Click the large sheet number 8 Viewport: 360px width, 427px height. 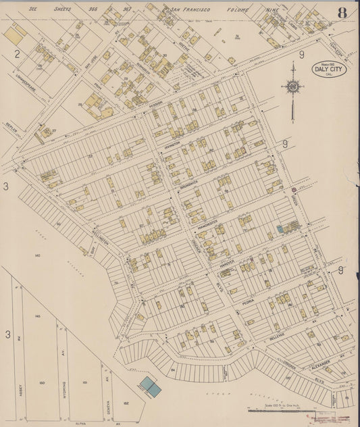[342, 12]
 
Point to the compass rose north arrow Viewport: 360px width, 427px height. [292, 88]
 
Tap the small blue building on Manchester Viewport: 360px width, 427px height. [280, 230]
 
